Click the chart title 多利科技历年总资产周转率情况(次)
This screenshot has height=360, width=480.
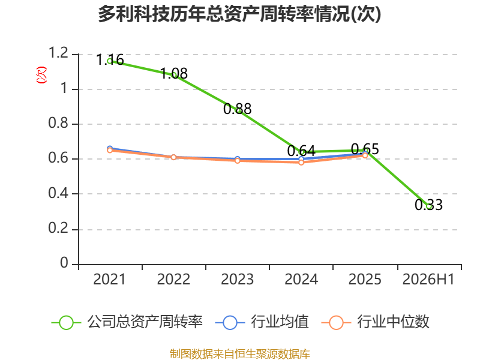(x=239, y=14)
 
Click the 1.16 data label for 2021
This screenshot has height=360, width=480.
(x=110, y=59)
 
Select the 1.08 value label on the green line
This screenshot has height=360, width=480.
(x=174, y=73)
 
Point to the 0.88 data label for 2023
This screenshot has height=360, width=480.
(x=238, y=109)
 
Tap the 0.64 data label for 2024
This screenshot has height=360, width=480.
(x=301, y=151)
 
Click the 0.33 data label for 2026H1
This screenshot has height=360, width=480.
(x=428, y=205)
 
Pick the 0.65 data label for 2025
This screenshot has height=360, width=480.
(x=365, y=149)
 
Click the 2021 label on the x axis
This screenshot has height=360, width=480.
(x=110, y=279)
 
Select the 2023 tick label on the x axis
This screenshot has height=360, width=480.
(x=237, y=279)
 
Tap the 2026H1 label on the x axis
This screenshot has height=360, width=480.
(x=428, y=279)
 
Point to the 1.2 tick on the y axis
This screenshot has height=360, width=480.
(x=58, y=53)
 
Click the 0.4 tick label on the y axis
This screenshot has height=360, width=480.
(x=58, y=193)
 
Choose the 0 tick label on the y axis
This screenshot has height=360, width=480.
(x=64, y=263)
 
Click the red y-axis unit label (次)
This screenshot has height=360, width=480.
(x=41, y=74)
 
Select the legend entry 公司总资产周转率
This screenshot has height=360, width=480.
(x=127, y=322)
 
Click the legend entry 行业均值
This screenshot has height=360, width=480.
(x=262, y=322)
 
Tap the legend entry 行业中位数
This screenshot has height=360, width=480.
(x=376, y=322)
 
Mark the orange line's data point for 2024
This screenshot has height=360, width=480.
(x=301, y=163)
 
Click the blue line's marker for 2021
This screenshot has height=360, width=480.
(x=110, y=148)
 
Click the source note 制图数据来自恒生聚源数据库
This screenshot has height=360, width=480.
(x=240, y=354)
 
